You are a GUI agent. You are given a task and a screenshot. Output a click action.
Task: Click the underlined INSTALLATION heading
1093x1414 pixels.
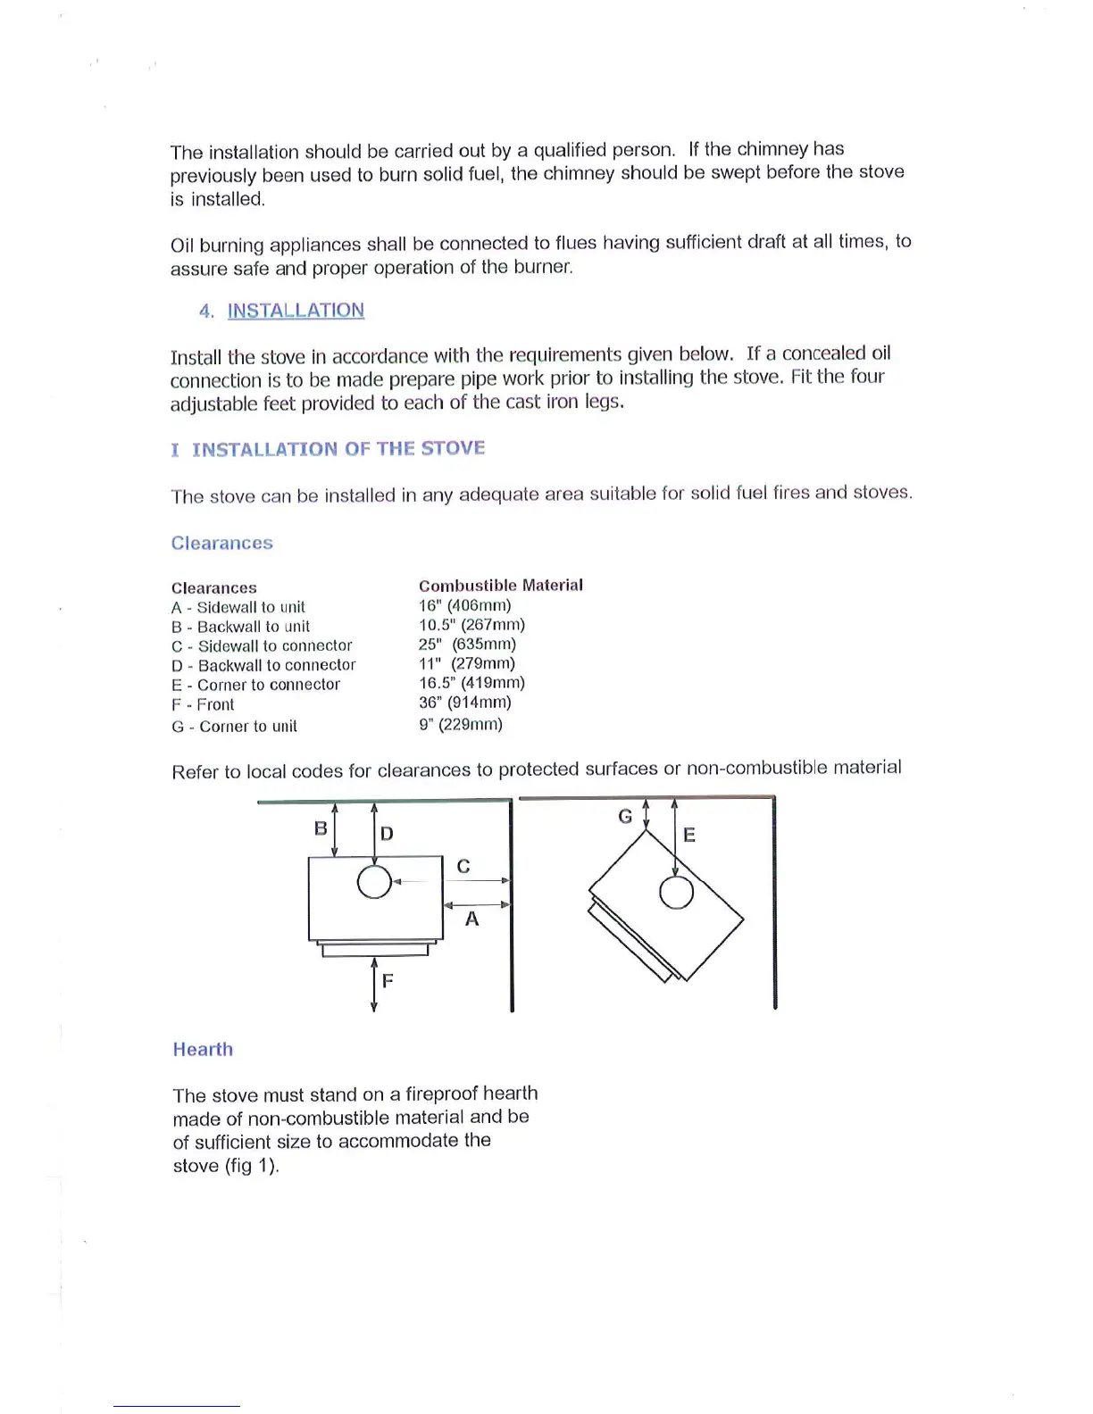pyautogui.click(x=296, y=311)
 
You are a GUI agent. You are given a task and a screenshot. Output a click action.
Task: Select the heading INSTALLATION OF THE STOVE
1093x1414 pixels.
pyautogui.click(x=338, y=448)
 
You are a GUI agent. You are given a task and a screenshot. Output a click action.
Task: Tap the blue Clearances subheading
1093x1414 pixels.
pyautogui.click(x=222, y=543)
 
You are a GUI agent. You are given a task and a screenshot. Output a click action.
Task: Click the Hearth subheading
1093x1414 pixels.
pyautogui.click(x=203, y=1049)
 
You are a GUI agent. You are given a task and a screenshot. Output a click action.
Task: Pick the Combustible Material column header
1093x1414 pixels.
pyautogui.click(x=500, y=586)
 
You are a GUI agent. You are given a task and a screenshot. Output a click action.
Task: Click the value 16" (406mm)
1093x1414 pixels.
pyautogui.click(x=464, y=605)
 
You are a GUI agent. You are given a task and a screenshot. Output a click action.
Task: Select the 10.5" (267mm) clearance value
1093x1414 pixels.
pyautogui.click(x=471, y=625)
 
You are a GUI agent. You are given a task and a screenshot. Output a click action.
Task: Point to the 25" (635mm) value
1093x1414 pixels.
pyautogui.click(x=467, y=644)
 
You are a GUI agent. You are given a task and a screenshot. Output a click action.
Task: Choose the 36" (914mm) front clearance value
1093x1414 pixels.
pyautogui.click(x=464, y=703)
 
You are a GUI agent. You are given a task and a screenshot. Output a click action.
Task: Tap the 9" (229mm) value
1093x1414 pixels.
pyautogui.click(x=461, y=724)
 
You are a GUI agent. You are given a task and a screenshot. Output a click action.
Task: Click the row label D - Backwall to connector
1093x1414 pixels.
pyautogui.click(x=263, y=665)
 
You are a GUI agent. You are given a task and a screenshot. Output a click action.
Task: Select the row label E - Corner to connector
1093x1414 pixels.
pyautogui.click(x=255, y=685)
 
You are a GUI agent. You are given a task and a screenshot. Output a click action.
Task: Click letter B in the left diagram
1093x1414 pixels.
pyautogui.click(x=321, y=828)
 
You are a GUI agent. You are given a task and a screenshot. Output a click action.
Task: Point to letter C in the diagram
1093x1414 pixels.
pyautogui.click(x=463, y=866)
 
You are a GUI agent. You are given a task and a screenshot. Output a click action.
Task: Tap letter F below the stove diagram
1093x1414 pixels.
pyautogui.click(x=388, y=980)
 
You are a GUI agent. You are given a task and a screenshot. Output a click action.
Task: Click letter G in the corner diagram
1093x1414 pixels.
pyautogui.click(x=625, y=816)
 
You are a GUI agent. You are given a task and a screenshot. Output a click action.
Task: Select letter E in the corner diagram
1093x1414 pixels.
pyautogui.click(x=688, y=835)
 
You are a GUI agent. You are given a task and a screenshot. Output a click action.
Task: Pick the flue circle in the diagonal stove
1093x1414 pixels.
pyautogui.click(x=676, y=892)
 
